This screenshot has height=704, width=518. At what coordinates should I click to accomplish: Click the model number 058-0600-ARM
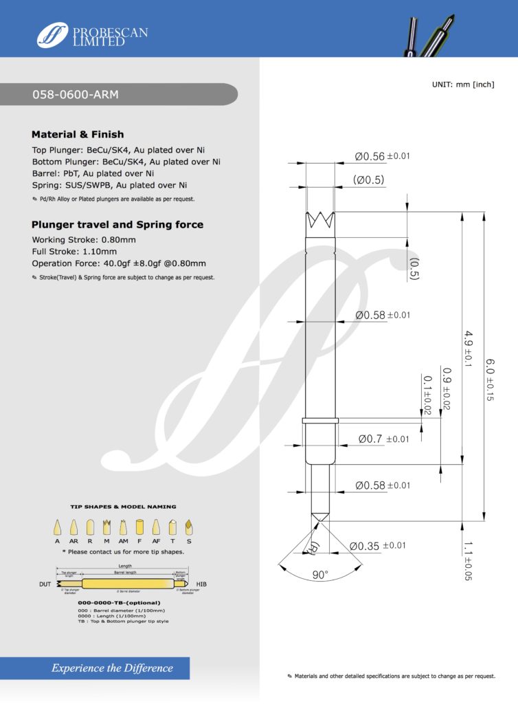[76, 95]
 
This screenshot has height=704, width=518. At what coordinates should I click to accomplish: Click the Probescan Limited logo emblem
[52, 34]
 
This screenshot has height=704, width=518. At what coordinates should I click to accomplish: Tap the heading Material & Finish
[78, 135]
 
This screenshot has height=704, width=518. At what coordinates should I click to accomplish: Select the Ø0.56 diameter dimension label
[382, 157]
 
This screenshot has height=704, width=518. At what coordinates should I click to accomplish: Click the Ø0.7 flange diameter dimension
[383, 439]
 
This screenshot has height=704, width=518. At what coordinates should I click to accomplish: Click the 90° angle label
[320, 575]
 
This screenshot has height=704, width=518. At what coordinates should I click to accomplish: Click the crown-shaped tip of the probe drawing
[319, 222]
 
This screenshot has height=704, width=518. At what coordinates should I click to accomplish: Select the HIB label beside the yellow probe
[202, 584]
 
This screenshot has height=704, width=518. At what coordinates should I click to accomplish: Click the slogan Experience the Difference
[112, 668]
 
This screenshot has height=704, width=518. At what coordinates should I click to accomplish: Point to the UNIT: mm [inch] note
[463, 84]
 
